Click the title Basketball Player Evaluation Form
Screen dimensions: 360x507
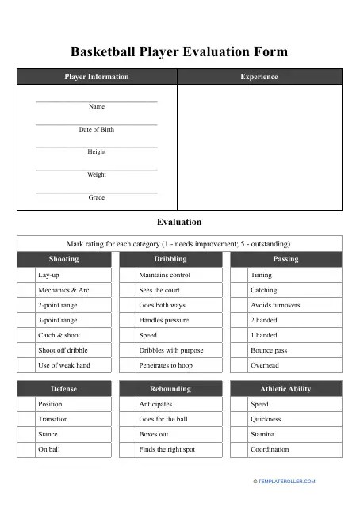click(x=179, y=52)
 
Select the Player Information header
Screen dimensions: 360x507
click(x=96, y=77)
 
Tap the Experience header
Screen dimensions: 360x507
click(x=259, y=77)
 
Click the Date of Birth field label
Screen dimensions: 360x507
click(x=96, y=129)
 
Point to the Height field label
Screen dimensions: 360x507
click(x=96, y=152)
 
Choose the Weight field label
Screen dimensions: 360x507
click(x=96, y=175)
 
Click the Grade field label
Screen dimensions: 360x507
click(x=96, y=198)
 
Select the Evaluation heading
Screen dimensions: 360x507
click(x=179, y=223)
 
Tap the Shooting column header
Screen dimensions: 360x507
click(x=63, y=259)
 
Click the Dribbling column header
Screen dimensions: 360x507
click(x=170, y=259)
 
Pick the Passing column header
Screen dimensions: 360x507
click(x=285, y=259)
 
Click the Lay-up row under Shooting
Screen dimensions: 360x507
click(x=48, y=275)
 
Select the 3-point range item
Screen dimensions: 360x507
click(x=58, y=320)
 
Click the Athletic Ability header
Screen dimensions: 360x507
click(x=285, y=389)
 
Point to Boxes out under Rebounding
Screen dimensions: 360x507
click(x=154, y=434)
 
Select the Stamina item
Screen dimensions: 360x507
click(x=262, y=434)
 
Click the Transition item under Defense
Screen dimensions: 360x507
click(x=53, y=419)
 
